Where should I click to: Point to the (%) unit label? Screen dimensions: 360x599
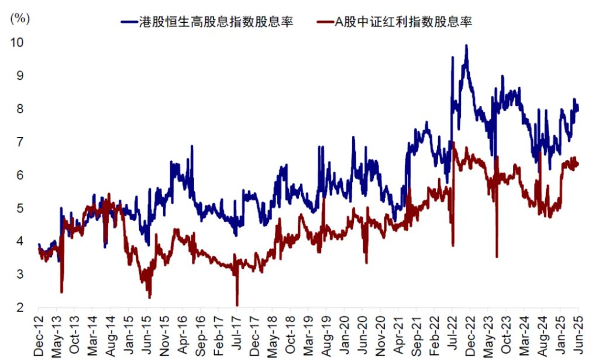19,18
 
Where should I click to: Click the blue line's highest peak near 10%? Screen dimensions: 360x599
466,45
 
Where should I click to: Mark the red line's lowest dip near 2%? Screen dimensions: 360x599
237,305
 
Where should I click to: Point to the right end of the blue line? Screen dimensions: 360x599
579,109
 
